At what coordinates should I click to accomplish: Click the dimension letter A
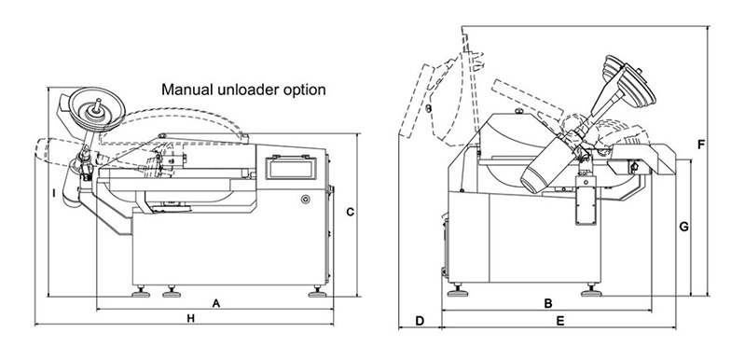pyautogui.click(x=216, y=303)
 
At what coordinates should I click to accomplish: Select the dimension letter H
pyautogui.click(x=190, y=319)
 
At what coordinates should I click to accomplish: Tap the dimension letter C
pyautogui.click(x=351, y=213)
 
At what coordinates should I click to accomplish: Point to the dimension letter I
pyautogui.click(x=54, y=193)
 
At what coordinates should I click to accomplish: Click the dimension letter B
pyautogui.click(x=548, y=303)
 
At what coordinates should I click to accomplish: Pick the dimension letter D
pyautogui.click(x=420, y=321)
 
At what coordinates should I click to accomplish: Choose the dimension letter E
pyautogui.click(x=560, y=322)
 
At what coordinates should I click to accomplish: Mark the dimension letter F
pyautogui.click(x=701, y=145)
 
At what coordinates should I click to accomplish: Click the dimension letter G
pyautogui.click(x=683, y=227)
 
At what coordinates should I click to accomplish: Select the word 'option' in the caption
pyautogui.click(x=304, y=90)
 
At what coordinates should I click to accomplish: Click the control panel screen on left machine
pyautogui.click(x=290, y=167)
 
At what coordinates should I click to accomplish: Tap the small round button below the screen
pyautogui.click(x=305, y=199)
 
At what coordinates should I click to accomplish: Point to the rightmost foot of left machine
pyautogui.click(x=317, y=292)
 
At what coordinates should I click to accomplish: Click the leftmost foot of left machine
pyautogui.click(x=141, y=292)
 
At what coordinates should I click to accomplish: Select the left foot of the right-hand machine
pyautogui.click(x=458, y=290)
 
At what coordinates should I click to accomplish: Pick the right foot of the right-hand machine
pyautogui.click(x=591, y=290)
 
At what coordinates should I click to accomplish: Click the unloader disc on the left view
pyautogui.click(x=97, y=109)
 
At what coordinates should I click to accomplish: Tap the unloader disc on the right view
pyautogui.click(x=630, y=81)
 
